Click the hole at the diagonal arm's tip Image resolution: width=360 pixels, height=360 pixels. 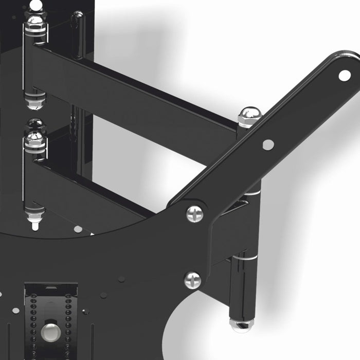pyautogui.click(x=344, y=76)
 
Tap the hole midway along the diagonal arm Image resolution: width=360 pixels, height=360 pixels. pyautogui.click(x=268, y=145)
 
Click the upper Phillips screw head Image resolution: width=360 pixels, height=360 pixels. pyautogui.click(x=194, y=213)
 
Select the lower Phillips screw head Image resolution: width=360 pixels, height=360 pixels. pyautogui.click(x=192, y=280)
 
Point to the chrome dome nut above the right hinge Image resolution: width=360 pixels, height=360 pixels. pyautogui.click(x=249, y=117)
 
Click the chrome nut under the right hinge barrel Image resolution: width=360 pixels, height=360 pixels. pyautogui.click(x=241, y=325)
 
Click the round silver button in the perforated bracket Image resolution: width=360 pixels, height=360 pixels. pyautogui.click(x=50, y=328)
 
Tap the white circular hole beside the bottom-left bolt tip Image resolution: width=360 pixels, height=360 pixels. pyautogui.click(x=78, y=229)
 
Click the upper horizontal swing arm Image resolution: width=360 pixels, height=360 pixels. pyautogui.click(x=139, y=93)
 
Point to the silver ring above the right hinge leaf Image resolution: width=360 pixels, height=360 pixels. pyautogui.click(x=252, y=191)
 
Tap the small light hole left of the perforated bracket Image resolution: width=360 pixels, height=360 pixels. pyautogui.click(x=16, y=311)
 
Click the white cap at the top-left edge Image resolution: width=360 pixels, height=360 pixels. pyautogui.click(x=35, y=5)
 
